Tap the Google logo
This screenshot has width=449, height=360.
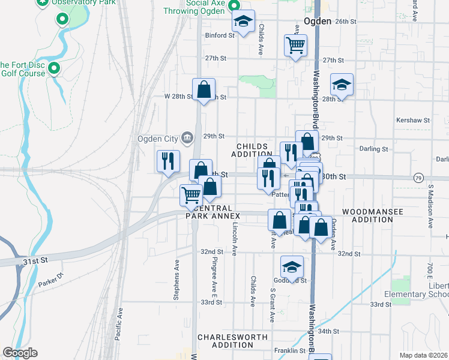pyautogui.click(x=20, y=353)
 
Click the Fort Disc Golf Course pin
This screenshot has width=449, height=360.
pyautogui.click(x=55, y=68)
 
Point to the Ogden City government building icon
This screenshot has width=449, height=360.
pyautogui.click(x=187, y=139)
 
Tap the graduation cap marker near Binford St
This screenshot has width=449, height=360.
pyautogui.click(x=243, y=22)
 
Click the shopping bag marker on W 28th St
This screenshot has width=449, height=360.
pyautogui.click(x=203, y=90)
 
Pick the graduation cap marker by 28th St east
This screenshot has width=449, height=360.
pyautogui.click(x=342, y=85)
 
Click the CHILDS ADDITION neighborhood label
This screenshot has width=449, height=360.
pyautogui.click(x=255, y=150)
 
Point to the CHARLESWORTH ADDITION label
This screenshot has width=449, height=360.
pyautogui.click(x=232, y=341)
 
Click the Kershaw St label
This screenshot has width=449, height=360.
pyautogui.click(x=418, y=120)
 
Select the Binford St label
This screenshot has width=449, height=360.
pyautogui.click(x=219, y=35)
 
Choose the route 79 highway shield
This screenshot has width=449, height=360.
pyautogui.click(x=418, y=178)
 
